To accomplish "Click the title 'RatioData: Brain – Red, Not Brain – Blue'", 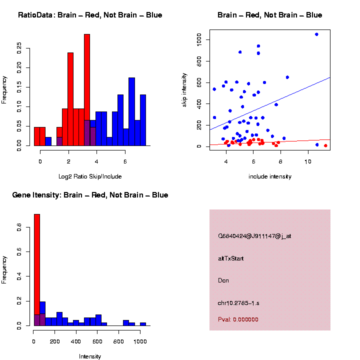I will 90,15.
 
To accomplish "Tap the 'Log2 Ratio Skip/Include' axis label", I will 90,176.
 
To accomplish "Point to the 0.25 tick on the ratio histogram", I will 19,48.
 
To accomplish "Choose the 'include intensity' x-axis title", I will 270,176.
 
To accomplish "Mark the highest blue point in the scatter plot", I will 316,34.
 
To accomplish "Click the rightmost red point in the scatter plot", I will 325,145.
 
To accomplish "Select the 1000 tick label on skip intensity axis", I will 199,39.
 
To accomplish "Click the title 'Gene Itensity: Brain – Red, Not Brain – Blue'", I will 90,195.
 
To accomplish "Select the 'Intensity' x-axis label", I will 90,356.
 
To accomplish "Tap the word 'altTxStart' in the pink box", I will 231,258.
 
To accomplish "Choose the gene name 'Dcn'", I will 223,280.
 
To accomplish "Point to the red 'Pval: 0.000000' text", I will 238,319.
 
